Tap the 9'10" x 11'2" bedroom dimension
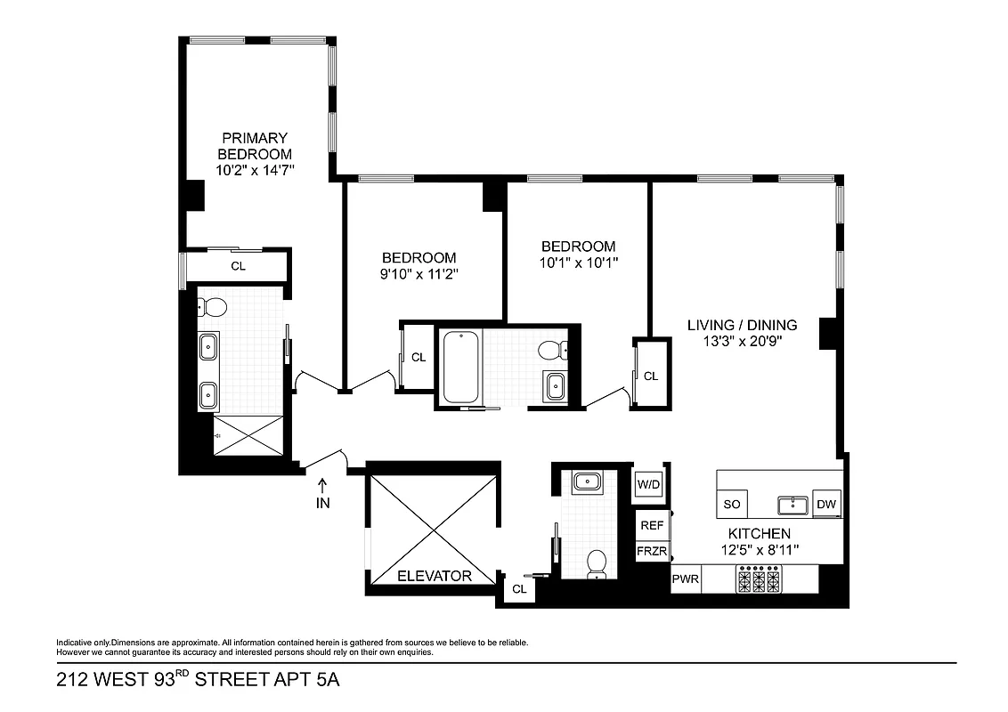point(419,274)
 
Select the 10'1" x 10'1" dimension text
point(578,263)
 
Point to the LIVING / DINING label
point(742,325)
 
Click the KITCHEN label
point(760,533)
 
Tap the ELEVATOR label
point(434,576)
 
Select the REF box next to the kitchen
point(652,525)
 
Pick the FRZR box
point(652,551)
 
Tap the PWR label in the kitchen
point(686,579)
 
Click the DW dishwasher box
point(827,504)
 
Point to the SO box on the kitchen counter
point(732,504)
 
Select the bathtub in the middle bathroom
point(460,366)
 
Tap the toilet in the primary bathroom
point(214,308)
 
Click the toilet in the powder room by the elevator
point(597,562)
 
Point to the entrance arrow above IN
point(322,485)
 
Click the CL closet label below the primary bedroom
point(238,265)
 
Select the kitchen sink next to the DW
point(792,506)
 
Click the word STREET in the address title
point(234,681)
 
